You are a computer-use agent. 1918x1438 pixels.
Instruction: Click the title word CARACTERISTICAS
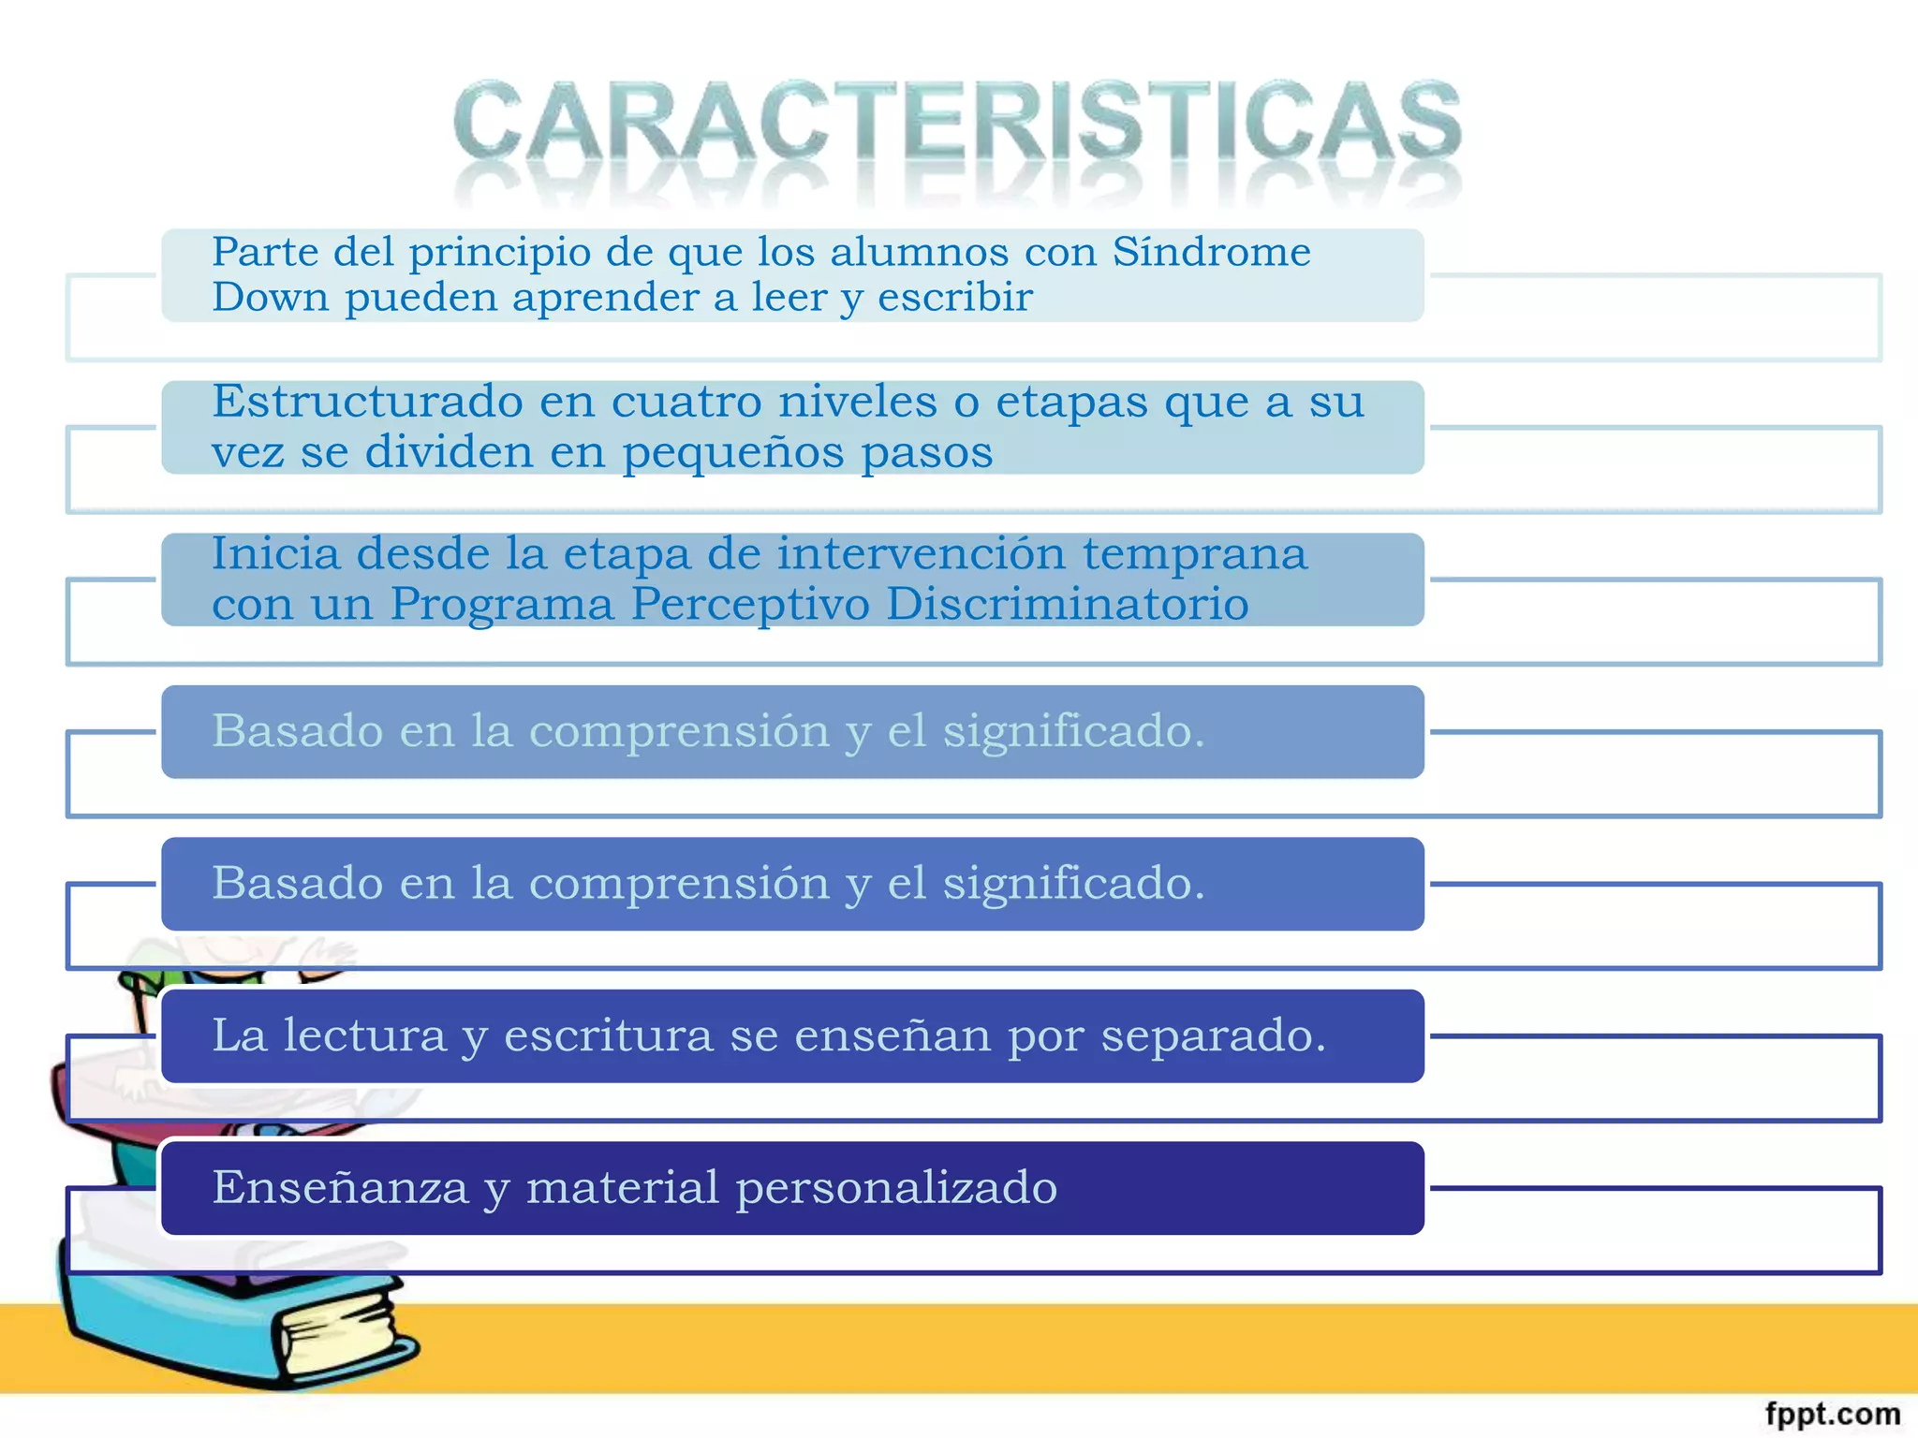pyautogui.click(x=956, y=122)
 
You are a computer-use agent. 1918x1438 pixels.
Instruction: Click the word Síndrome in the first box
pyautogui.click(x=1211, y=252)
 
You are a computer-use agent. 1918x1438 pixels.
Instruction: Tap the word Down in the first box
pyautogui.click(x=270, y=298)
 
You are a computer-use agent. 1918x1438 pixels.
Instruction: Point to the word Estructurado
pyautogui.click(x=367, y=402)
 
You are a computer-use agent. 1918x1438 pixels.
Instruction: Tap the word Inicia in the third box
pyautogui.click(x=274, y=553)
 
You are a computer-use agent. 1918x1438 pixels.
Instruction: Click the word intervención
pyautogui.click(x=921, y=553)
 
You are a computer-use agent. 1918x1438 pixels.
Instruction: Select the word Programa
pyautogui.click(x=502, y=604)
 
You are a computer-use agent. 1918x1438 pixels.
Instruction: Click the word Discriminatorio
pyautogui.click(x=1067, y=604)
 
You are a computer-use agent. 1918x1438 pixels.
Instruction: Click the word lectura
pyautogui.click(x=364, y=1035)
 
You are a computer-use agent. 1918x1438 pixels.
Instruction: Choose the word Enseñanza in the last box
pyautogui.click(x=339, y=1188)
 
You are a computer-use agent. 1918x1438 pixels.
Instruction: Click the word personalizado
pyautogui.click(x=896, y=1188)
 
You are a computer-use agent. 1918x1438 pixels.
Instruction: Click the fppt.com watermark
pyautogui.click(x=1832, y=1414)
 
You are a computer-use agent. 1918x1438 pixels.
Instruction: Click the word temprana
pyautogui.click(x=1194, y=553)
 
